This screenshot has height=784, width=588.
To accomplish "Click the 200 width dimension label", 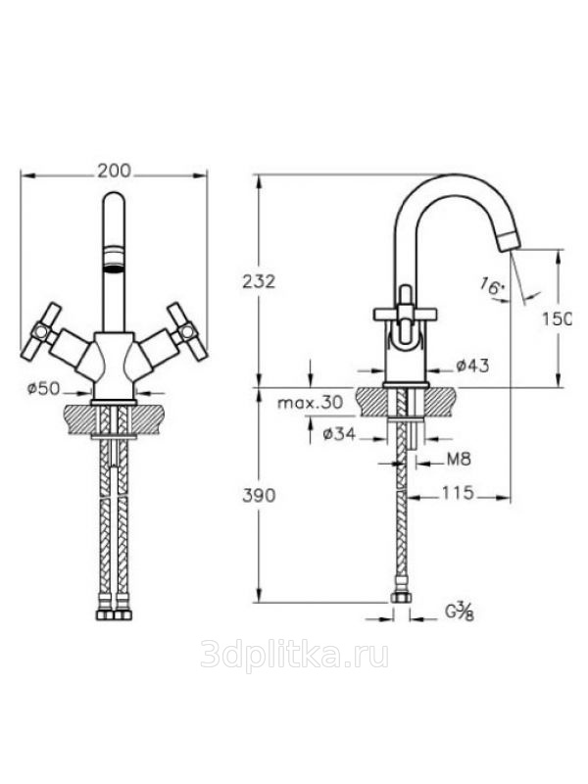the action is point(114,171).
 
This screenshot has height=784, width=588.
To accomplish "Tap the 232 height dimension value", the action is point(259,282).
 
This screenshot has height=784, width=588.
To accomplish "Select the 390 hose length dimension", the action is point(259,496).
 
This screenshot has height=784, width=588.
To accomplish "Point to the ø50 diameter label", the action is point(44,388).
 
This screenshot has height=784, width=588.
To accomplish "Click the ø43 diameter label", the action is point(472,366).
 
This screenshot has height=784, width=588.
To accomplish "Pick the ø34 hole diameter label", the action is point(339,434).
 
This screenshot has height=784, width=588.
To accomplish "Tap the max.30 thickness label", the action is point(311,402).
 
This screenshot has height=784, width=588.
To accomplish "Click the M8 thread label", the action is point(459,459).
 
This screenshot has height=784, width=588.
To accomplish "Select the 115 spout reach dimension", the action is point(458,493).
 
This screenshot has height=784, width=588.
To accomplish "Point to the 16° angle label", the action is point(493,286).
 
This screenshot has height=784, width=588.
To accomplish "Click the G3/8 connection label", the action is point(459,612).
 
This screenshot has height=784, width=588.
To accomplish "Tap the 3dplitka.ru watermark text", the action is point(295,655).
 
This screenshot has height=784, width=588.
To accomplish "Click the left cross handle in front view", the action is point(42,330).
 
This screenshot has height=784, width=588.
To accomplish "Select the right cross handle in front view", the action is point(187,330).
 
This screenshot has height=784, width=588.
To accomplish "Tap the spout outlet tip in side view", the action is point(509,241).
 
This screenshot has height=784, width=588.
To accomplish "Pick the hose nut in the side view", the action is point(401,598).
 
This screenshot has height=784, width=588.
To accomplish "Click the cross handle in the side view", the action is point(406,314).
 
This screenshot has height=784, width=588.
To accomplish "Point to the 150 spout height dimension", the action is point(556,318).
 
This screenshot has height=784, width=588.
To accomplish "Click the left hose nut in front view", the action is point(105,613).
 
